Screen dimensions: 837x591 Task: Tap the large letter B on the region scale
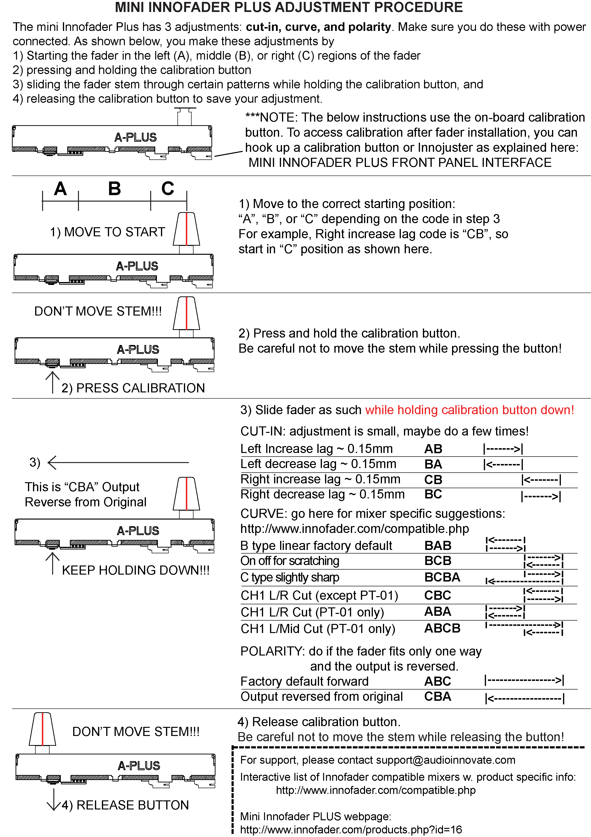(114, 189)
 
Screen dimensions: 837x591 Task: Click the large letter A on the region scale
(61, 189)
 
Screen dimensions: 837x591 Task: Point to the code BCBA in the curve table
(442, 577)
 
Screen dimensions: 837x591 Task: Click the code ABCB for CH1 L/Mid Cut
(442, 628)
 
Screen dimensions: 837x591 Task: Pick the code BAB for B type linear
(438, 545)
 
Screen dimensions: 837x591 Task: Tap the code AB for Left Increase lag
(433, 449)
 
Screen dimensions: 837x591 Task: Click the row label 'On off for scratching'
(289, 561)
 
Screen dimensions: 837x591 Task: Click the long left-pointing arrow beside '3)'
(118, 462)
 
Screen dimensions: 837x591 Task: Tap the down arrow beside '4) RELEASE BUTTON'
(54, 799)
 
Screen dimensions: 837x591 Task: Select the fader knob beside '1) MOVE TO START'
(187, 229)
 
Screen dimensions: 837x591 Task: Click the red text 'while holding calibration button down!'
(469, 410)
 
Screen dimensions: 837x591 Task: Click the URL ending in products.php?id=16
(351, 830)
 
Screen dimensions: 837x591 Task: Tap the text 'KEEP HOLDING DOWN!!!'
(135, 570)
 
